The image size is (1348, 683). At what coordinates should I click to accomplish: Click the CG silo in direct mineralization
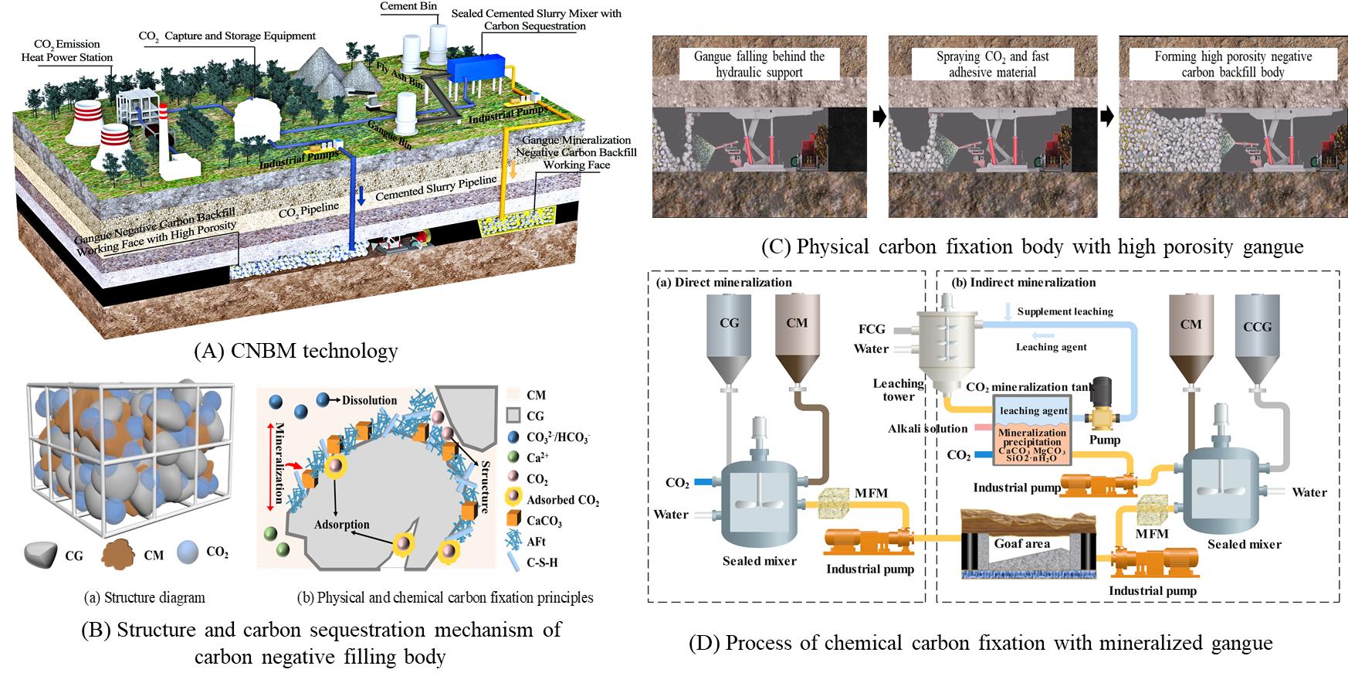729,332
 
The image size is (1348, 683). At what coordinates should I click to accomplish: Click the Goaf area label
1021,543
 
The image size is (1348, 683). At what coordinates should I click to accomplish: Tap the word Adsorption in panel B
341,525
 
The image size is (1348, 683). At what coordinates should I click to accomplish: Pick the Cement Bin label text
408,7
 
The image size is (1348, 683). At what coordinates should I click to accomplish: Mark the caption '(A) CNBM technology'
296,352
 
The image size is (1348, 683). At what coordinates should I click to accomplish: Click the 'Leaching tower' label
898,389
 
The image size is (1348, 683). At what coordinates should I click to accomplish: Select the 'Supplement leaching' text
1065,311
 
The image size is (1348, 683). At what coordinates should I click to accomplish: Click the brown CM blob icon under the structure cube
120,554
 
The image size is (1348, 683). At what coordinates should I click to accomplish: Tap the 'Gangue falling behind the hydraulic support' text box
759,64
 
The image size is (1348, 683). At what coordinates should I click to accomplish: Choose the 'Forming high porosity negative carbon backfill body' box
1233,64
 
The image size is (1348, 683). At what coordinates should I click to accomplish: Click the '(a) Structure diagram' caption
144,597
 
